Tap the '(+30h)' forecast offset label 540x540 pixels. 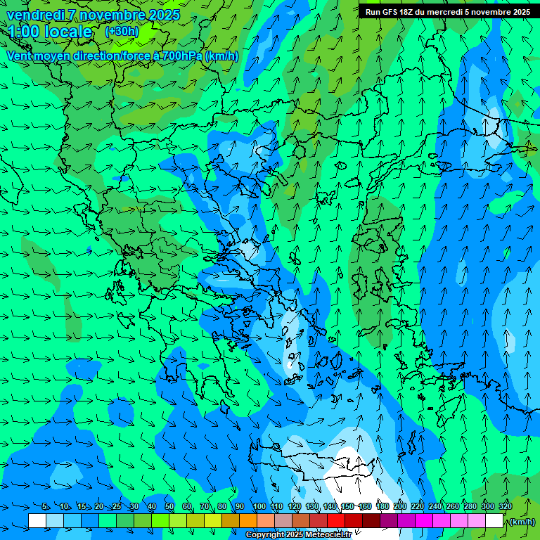pyautogui.click(x=122, y=31)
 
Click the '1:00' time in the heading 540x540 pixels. pyautogui.click(x=23, y=32)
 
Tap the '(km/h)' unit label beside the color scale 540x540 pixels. pyautogui.click(x=521, y=521)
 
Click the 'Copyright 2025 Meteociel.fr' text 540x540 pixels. pyautogui.click(x=299, y=535)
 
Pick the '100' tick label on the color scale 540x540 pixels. pyautogui.click(x=259, y=506)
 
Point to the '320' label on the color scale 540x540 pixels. pyautogui.click(x=506, y=506)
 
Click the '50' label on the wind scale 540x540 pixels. pyautogui.click(x=169, y=506)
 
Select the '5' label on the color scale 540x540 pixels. pyautogui.click(x=45, y=506)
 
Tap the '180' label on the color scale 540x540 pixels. pyautogui.click(x=382, y=506)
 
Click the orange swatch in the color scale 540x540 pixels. pyautogui.click(x=248, y=520)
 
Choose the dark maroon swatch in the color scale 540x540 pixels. pyautogui.click(x=371, y=520)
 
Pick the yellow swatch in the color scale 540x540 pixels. pyautogui.click(x=213, y=520)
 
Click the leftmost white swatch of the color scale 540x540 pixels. pyautogui.click(x=37, y=520)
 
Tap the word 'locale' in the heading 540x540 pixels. pyautogui.click(x=68, y=32)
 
